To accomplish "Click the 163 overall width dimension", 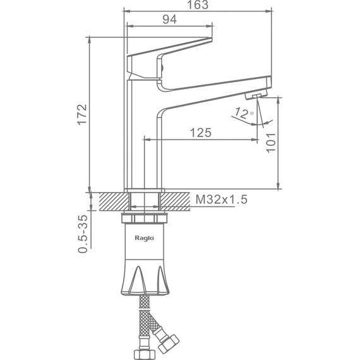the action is [x=198, y=4].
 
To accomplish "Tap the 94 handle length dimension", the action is [x=170, y=20].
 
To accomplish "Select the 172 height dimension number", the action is [x=82, y=114].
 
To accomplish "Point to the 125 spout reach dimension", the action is [x=201, y=133].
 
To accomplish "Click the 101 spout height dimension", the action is [x=271, y=142].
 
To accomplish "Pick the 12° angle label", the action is [x=243, y=113].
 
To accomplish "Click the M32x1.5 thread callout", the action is [x=221, y=200].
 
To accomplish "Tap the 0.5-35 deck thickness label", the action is [x=83, y=234].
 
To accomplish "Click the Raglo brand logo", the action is [x=144, y=238].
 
